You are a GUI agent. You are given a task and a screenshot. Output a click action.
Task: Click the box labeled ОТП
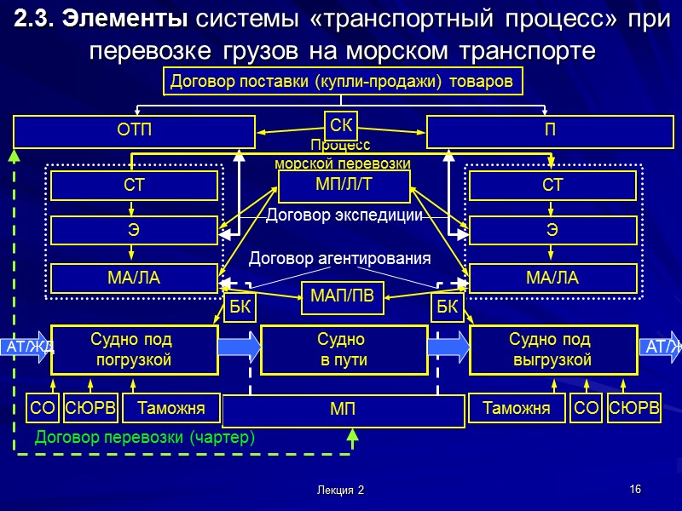click(x=134, y=132)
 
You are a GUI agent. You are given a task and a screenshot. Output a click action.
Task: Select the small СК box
click(x=341, y=126)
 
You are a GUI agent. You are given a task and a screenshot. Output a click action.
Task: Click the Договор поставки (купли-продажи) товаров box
click(x=342, y=82)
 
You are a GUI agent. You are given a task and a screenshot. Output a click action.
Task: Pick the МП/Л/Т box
click(x=344, y=186)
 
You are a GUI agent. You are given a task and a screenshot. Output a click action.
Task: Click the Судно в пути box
click(x=343, y=350)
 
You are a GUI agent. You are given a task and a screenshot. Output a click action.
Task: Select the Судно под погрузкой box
click(x=131, y=350)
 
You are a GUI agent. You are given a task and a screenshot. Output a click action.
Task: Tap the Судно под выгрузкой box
click(x=552, y=350)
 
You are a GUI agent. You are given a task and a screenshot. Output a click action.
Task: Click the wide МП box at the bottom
click(x=343, y=411)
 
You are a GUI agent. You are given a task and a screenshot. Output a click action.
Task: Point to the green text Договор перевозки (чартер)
click(x=145, y=437)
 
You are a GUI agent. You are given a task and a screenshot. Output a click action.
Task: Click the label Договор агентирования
click(x=339, y=258)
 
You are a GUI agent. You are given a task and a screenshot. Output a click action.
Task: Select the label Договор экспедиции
click(x=344, y=216)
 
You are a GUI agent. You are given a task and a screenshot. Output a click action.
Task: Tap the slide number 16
click(x=634, y=489)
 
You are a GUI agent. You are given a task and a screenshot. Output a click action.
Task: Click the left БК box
click(x=241, y=307)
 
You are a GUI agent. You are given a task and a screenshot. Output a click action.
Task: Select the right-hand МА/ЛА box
click(x=552, y=278)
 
